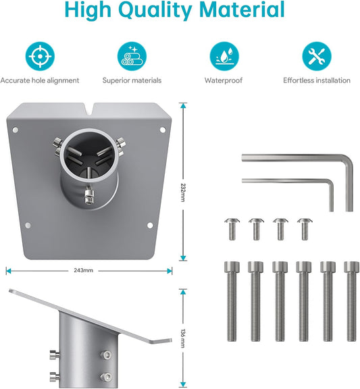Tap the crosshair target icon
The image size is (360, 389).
tap(40, 56)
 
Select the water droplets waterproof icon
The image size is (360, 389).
tap(224, 56)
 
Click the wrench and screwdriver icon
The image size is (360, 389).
tap(317, 56)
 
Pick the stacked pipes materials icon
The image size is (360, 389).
tap(132, 56)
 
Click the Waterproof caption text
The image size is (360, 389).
tap(224, 80)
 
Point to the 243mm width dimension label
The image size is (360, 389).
tap(83, 270)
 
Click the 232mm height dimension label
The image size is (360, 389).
tap(183, 192)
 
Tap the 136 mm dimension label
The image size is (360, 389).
tap(183, 338)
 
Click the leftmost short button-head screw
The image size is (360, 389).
tap(232, 229)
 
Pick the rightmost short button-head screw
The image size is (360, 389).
tap(305, 229)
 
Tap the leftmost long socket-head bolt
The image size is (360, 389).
tap(232, 301)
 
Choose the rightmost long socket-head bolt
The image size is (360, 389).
tap(352, 301)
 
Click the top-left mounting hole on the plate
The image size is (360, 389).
tap(16, 130)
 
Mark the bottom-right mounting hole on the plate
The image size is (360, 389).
tap(150, 226)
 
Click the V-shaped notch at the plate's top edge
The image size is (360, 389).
tap(89, 109)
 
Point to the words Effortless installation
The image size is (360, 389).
tap(317, 80)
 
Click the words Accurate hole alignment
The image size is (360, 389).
tap(40, 80)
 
